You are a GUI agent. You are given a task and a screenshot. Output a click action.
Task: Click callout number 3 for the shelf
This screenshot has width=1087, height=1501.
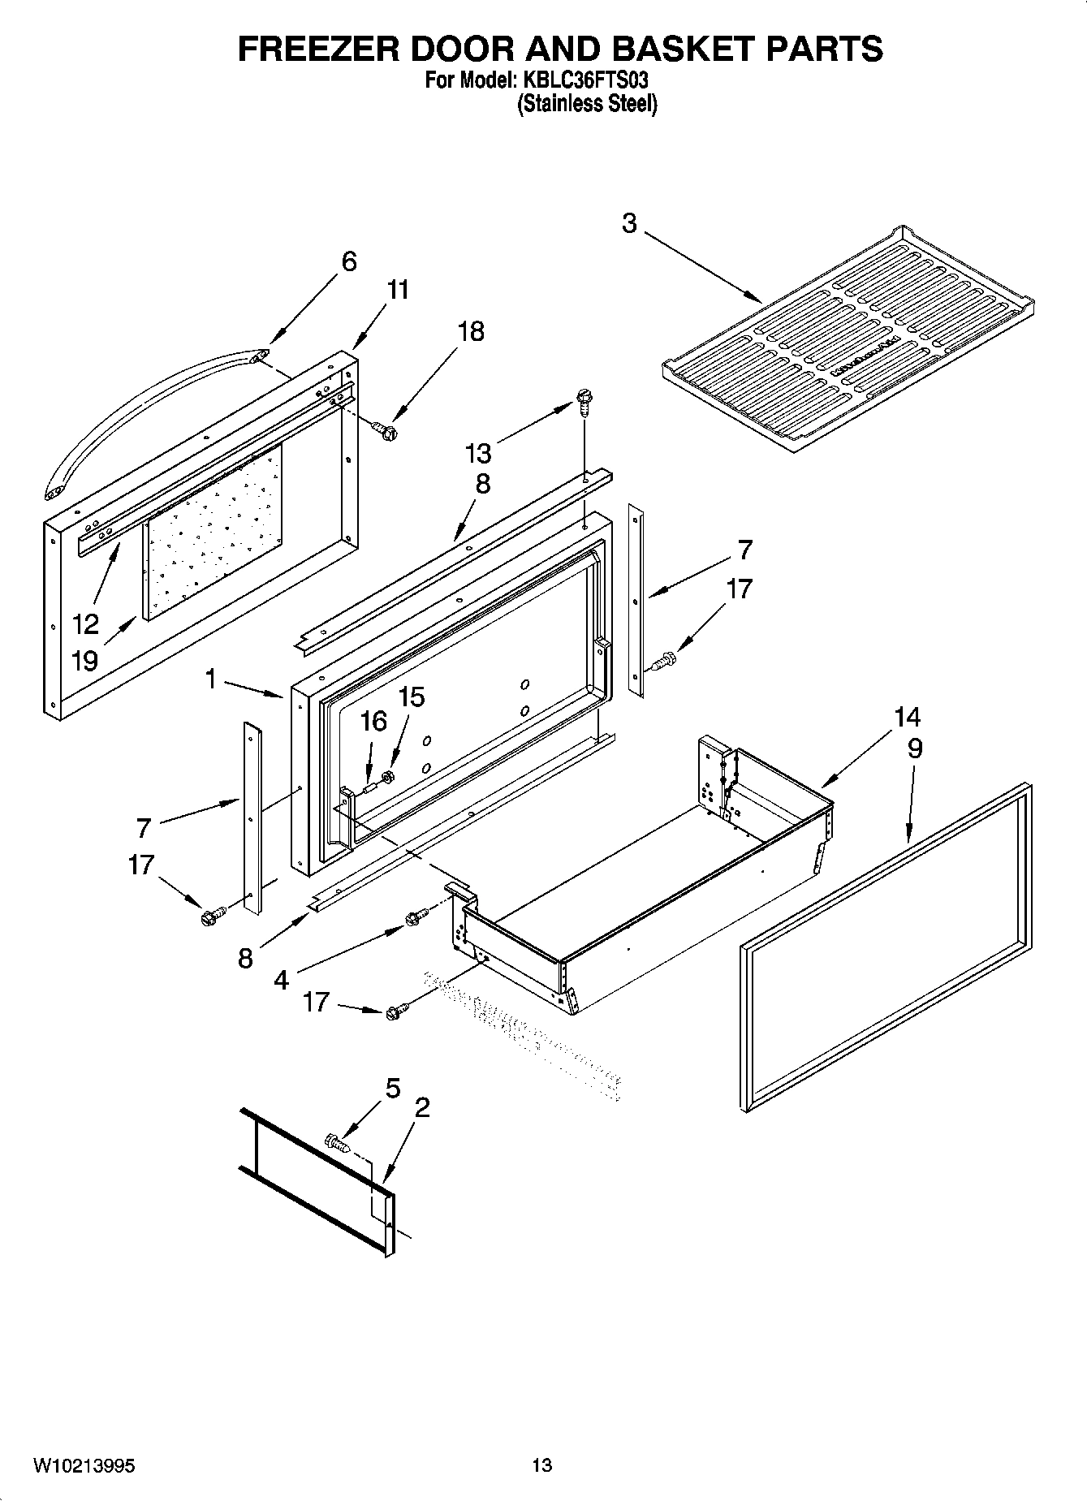coord(629,223)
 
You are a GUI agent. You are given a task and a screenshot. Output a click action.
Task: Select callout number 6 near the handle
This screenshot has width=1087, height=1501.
coord(348,261)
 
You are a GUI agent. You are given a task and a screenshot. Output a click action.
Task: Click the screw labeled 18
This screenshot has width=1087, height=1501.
coord(385,429)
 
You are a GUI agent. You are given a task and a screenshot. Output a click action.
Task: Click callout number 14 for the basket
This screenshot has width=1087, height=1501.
coord(908,717)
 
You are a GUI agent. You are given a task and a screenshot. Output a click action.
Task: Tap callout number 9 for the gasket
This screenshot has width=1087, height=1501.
coord(915,748)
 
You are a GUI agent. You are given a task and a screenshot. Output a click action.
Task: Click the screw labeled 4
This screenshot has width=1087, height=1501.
coord(415,918)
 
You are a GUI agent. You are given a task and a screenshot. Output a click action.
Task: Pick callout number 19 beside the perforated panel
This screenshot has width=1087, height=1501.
coord(84,660)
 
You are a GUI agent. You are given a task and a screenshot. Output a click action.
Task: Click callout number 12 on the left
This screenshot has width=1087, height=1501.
coord(85,624)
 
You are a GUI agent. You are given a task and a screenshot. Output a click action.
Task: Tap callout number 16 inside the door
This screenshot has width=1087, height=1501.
coord(373,721)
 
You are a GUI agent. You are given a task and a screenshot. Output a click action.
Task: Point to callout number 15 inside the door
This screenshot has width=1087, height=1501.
coord(412,697)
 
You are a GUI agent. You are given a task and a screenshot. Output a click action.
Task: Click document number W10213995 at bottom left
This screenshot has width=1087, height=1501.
coord(84,1465)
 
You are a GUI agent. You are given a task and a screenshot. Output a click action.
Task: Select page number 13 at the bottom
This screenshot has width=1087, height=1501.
coord(542,1465)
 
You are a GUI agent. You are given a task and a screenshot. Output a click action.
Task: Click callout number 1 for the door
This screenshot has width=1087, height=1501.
coord(211,678)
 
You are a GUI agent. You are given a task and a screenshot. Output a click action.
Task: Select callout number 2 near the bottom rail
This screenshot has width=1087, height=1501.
coord(421,1107)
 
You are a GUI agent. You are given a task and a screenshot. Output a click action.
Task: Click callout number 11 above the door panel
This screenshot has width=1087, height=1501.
coord(397,290)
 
